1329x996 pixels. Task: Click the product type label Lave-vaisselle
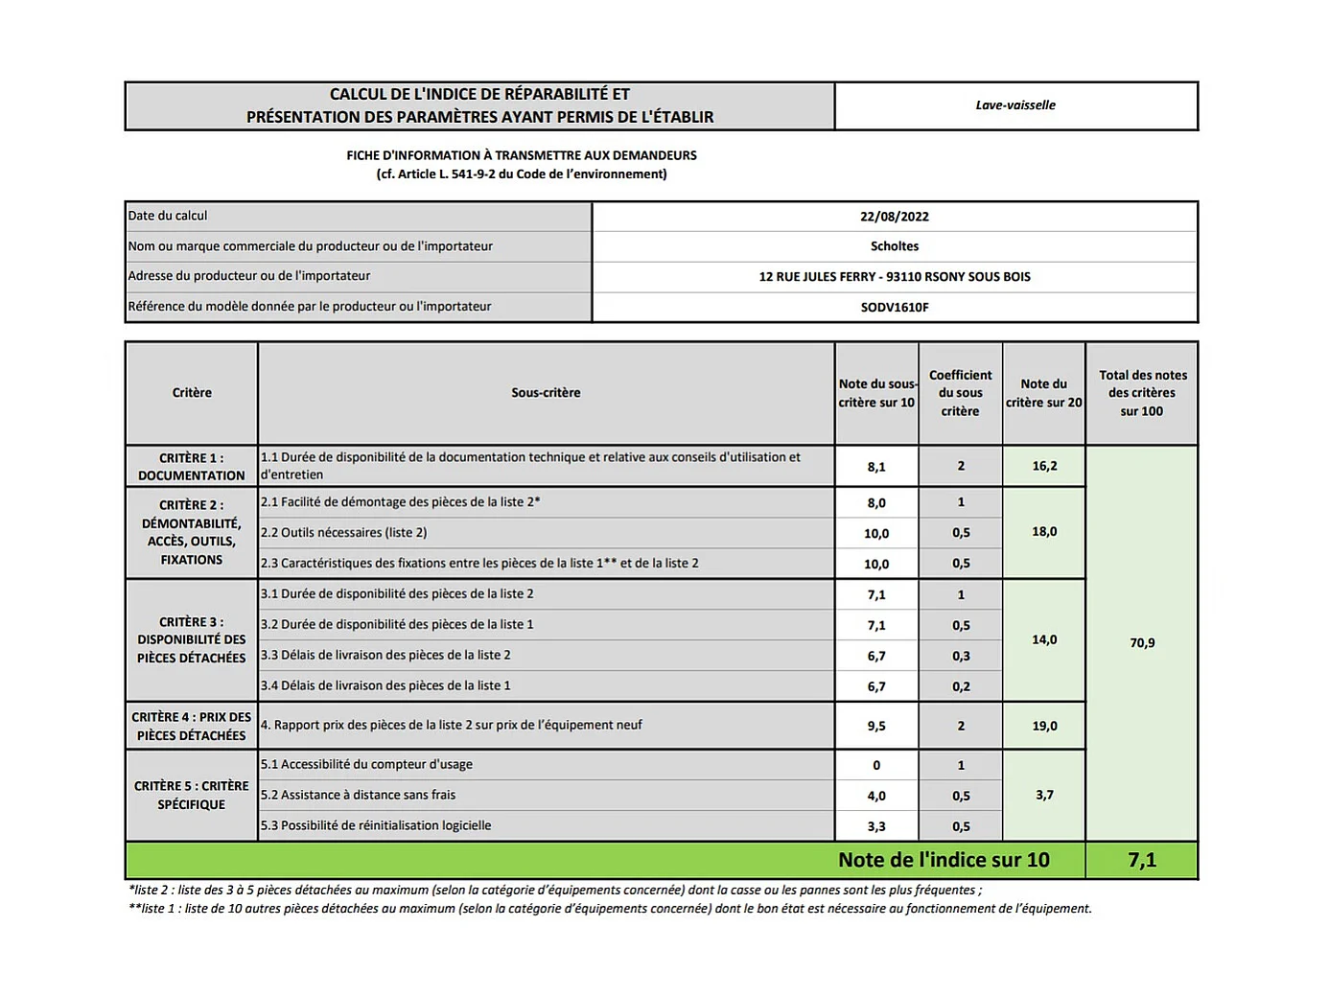pos(1015,105)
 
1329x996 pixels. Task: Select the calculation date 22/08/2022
pos(894,217)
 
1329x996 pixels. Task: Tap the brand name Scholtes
pos(894,246)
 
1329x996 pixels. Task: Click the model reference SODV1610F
pos(894,308)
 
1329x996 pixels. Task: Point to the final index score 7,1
pos(1141,860)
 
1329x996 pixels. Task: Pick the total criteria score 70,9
pos(1141,643)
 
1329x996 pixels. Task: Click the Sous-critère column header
pos(546,393)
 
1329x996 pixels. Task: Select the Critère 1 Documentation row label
pos(192,467)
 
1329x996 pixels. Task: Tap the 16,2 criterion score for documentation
pos(1044,466)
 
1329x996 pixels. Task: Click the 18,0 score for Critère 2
pos(1044,532)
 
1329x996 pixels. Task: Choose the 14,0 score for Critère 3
pos(1044,639)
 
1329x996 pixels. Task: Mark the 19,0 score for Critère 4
pos(1044,726)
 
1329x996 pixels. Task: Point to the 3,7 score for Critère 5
pos(1044,795)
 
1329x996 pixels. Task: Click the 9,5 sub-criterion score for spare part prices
pos(876,726)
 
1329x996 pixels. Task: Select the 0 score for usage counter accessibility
pos(876,765)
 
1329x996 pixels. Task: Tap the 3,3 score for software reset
pos(876,826)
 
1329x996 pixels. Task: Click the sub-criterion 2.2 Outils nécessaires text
pos(343,533)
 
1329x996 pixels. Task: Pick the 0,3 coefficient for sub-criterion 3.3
pos(961,657)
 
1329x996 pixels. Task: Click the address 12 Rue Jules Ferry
pos(894,277)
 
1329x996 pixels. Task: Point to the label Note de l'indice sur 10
pos(944,860)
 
